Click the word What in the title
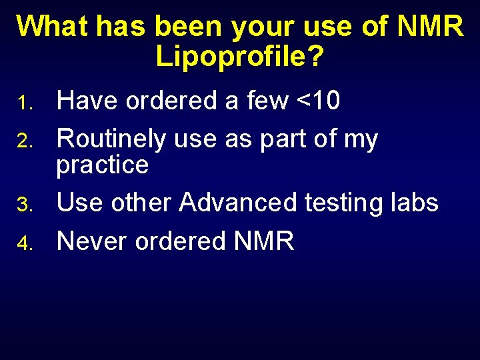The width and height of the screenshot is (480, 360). pyautogui.click(x=52, y=27)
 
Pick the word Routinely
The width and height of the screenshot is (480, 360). pyautogui.click(x=111, y=139)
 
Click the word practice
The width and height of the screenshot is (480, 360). pyautogui.click(x=102, y=165)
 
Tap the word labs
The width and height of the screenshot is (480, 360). pyautogui.click(x=414, y=203)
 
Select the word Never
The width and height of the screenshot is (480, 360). pyautogui.click(x=93, y=241)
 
